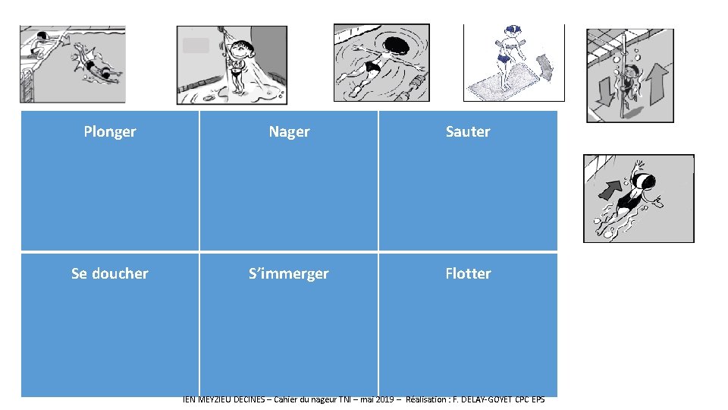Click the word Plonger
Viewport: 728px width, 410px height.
110,131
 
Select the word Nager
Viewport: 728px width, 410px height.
289,131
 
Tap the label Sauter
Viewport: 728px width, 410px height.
468,131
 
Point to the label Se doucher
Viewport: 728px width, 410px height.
110,273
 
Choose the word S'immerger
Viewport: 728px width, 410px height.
289,273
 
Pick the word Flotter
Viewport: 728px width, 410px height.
468,273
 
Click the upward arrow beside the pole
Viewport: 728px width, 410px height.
657,82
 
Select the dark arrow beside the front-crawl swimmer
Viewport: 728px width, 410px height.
610,189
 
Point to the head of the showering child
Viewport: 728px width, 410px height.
241,52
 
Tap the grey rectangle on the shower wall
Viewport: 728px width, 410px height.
196,46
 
